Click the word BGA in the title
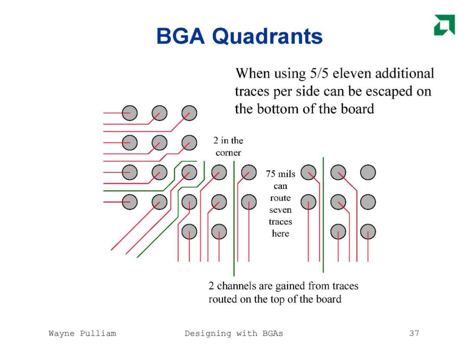coord(181,36)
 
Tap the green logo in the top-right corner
coord(445,25)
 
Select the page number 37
coord(414,333)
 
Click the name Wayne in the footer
coord(62,334)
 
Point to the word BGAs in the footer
coord(273,333)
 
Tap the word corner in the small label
coord(228,153)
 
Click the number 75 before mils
coord(270,174)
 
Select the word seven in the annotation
coord(280,210)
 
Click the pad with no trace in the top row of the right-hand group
coord(368,172)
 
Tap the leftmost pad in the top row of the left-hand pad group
coord(130,113)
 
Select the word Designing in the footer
coord(208,334)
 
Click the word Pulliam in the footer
coord(98,333)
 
